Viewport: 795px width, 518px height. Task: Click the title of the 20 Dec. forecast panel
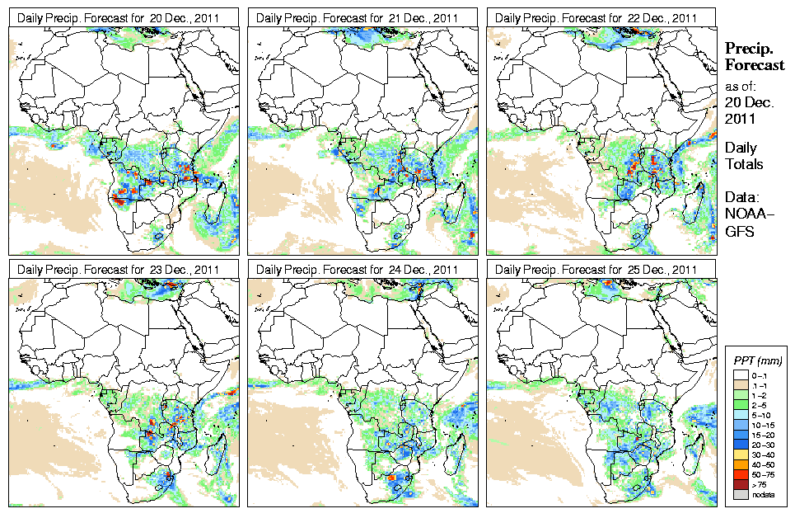(x=119, y=17)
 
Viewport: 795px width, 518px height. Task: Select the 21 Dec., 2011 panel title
(x=358, y=17)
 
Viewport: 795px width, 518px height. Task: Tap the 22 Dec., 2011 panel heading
(x=596, y=17)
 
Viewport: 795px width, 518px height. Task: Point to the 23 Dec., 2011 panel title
(x=119, y=270)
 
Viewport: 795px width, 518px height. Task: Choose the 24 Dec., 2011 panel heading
(x=358, y=270)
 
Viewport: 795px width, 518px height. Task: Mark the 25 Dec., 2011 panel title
(x=596, y=270)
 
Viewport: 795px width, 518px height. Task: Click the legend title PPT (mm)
(x=757, y=360)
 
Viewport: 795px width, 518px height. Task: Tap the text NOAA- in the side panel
(x=746, y=216)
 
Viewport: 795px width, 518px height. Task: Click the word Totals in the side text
(x=744, y=164)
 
